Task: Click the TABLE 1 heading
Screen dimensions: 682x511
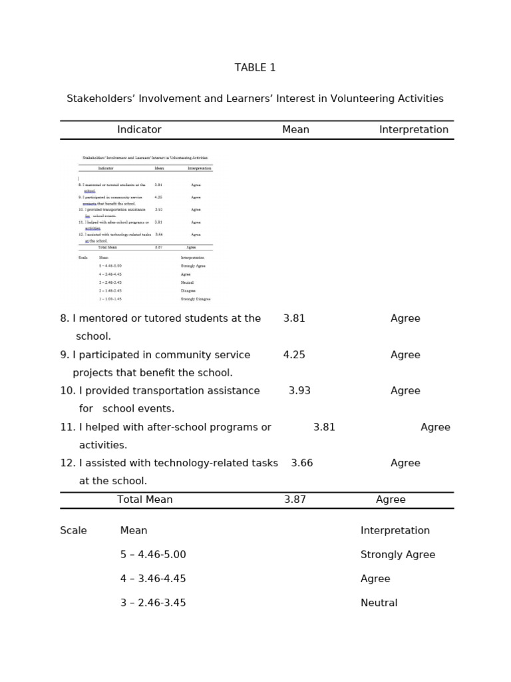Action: click(255, 68)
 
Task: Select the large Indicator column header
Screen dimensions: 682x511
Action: click(139, 130)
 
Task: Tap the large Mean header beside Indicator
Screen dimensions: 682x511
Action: click(295, 130)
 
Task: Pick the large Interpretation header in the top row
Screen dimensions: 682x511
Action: click(413, 130)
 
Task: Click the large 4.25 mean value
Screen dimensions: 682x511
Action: click(294, 355)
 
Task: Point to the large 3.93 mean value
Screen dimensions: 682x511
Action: click(299, 391)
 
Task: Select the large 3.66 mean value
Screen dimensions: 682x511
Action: click(301, 463)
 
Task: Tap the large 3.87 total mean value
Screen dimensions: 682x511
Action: click(295, 500)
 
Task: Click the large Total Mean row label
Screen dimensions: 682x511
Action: click(144, 500)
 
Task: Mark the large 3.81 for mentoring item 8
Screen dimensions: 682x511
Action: click(294, 318)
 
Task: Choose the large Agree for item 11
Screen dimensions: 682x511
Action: click(435, 428)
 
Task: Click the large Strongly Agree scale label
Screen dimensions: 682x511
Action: click(397, 555)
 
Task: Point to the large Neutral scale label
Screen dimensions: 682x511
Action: click(379, 603)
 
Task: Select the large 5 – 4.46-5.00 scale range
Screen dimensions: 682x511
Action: click(153, 555)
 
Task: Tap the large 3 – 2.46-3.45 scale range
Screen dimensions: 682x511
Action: click(153, 603)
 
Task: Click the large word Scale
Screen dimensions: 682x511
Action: click(73, 531)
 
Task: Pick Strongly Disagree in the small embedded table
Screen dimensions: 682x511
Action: click(195, 300)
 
